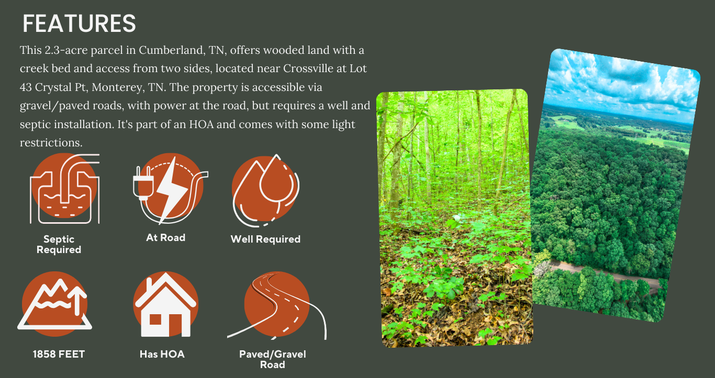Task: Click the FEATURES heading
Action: (79, 24)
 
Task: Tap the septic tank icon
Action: (65, 189)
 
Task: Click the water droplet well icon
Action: (265, 191)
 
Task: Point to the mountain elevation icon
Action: (54, 304)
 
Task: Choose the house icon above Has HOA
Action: (165, 304)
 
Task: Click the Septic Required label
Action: (59, 245)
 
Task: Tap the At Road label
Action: (165, 238)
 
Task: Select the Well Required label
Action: (265, 239)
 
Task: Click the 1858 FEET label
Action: (59, 354)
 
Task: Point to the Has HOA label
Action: (162, 354)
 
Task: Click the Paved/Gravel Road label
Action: (273, 359)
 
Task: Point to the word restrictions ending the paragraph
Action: (51, 142)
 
